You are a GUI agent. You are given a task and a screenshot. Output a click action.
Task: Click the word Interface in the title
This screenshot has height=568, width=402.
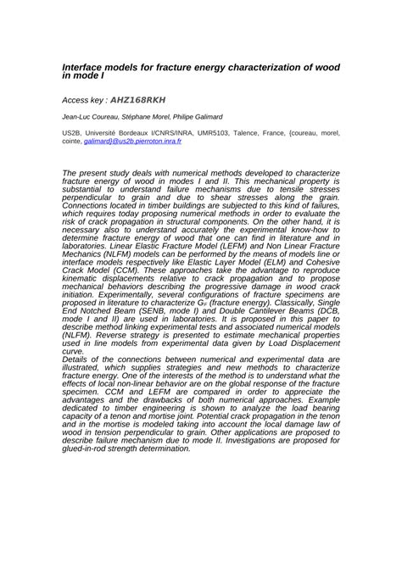(86, 65)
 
